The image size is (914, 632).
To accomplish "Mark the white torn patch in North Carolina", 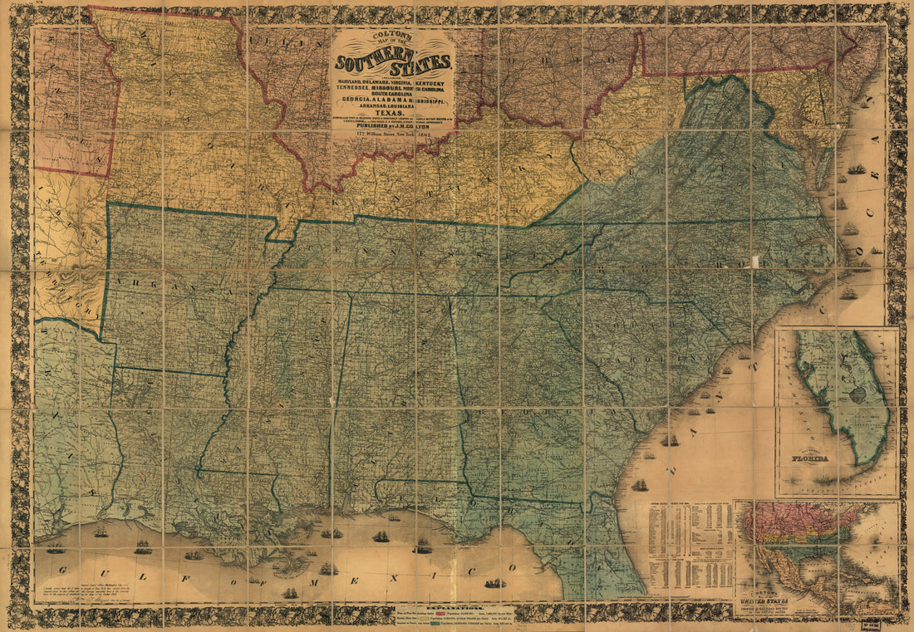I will [x=755, y=262].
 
